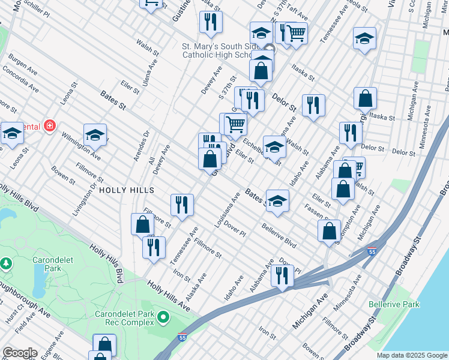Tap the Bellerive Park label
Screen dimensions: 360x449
pos(394,304)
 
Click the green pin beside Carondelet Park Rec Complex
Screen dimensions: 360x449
pos(163,316)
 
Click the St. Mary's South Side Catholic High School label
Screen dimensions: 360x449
pos(224,50)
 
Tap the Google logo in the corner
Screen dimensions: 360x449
pos(20,353)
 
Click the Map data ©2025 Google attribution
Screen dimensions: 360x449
pos(411,355)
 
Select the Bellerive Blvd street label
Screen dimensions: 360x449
pos(279,236)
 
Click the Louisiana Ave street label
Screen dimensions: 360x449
pos(228,210)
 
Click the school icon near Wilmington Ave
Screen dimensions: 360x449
pos(95,135)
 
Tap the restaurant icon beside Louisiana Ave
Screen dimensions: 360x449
pos(181,204)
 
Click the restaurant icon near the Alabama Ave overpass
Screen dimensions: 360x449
pos(282,275)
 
